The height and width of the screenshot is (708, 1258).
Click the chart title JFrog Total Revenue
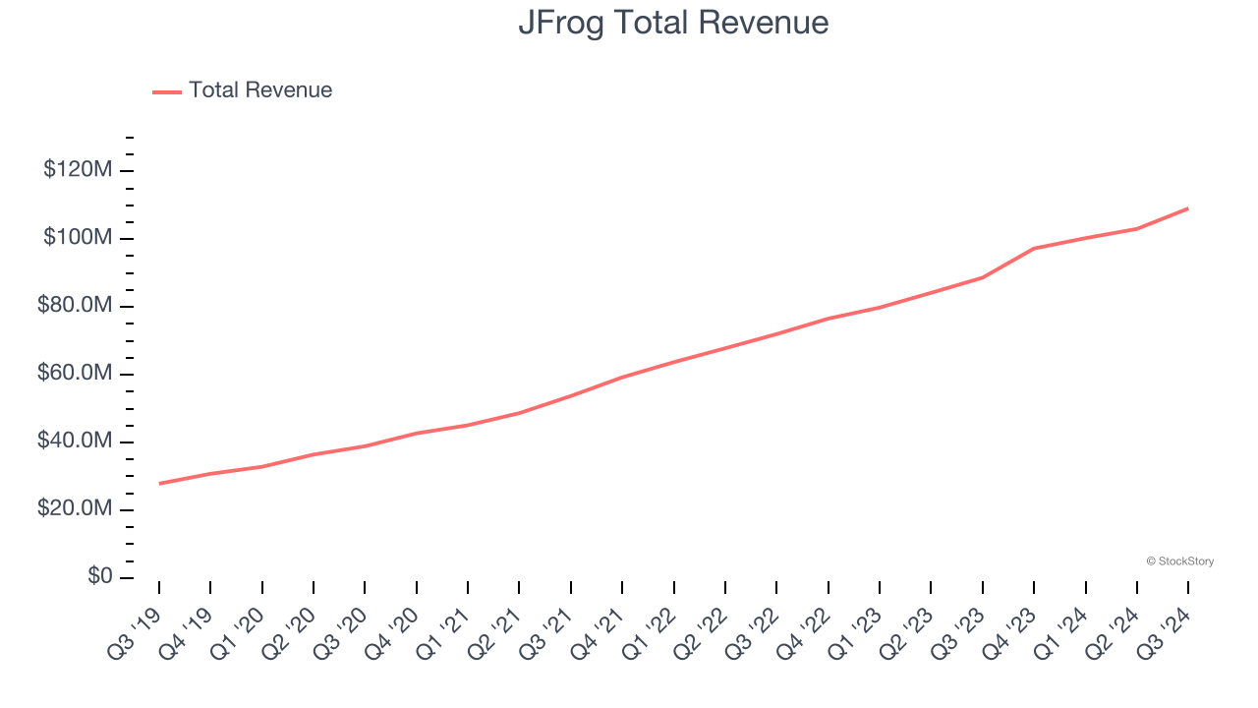point(673,23)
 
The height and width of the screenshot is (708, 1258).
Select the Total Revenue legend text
point(260,90)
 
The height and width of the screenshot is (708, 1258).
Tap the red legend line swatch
point(167,91)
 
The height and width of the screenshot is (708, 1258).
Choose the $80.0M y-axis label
point(75,306)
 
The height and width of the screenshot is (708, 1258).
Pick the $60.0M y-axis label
point(75,374)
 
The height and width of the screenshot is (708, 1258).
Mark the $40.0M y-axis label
point(75,442)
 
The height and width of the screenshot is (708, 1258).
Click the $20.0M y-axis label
point(75,509)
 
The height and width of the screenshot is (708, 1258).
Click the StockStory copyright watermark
point(1179,561)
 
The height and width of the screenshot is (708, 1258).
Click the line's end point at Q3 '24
point(1188,208)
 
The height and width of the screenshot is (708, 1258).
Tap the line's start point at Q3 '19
point(159,484)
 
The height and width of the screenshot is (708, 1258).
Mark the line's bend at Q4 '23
point(1034,248)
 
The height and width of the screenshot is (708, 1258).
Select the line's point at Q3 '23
point(983,277)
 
